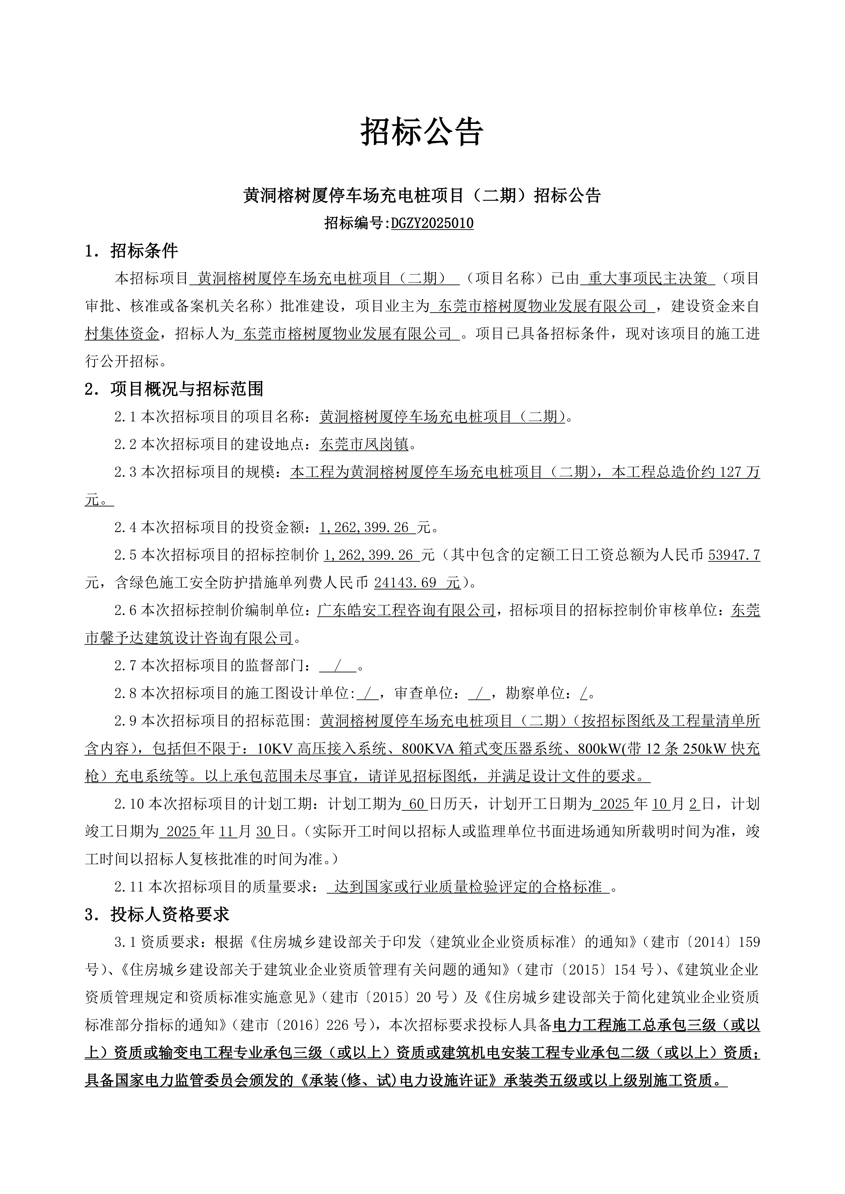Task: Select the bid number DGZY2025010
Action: click(x=432, y=224)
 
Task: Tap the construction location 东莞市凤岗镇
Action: click(x=365, y=445)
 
